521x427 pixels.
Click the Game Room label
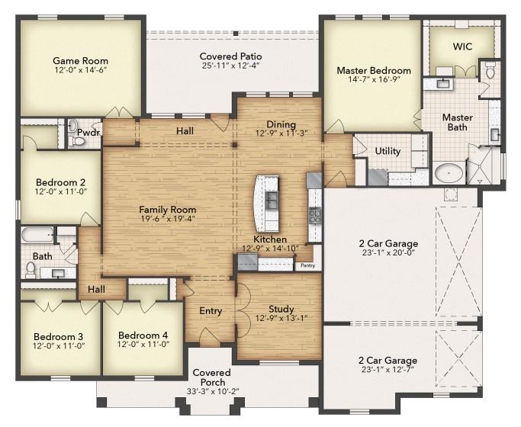(80, 61)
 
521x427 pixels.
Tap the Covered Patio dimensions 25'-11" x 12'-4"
(230, 67)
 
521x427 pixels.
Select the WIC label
(462, 47)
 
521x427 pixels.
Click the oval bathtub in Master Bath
(449, 173)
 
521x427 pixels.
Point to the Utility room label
(388, 151)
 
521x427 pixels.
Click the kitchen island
(268, 203)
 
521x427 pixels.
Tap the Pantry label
(308, 265)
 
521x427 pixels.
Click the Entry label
(211, 311)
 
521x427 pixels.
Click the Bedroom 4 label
(143, 335)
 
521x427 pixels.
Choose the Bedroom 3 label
(58, 335)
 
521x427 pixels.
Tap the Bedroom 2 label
(60, 182)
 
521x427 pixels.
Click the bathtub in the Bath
(36, 234)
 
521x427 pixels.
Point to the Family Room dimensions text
(167, 219)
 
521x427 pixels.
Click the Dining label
(281, 125)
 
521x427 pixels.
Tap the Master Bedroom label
(374, 71)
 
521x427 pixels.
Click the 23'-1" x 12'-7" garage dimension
(388, 371)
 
